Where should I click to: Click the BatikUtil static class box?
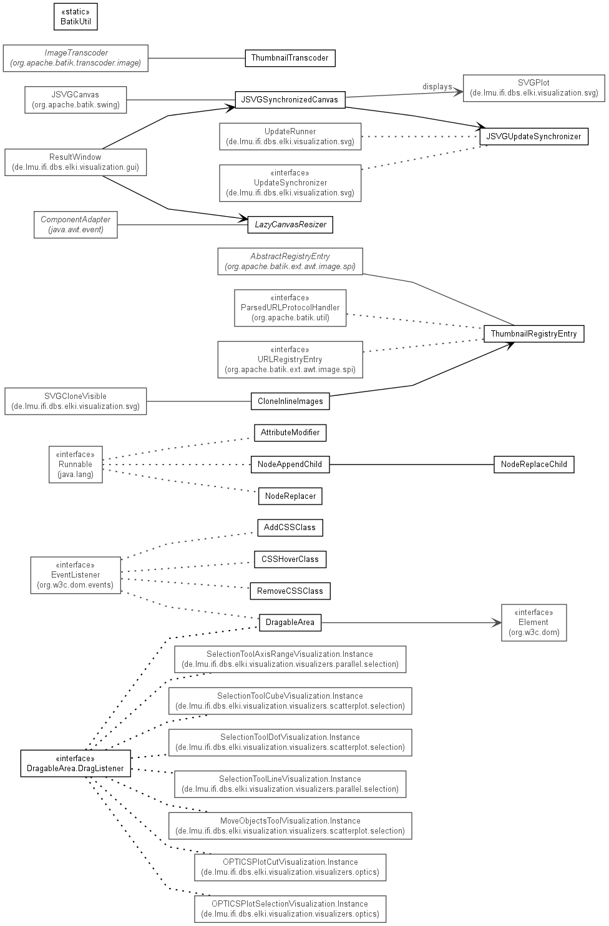pos(76,17)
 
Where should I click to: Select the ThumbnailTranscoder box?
pos(290,58)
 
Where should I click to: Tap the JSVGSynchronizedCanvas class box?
pos(290,100)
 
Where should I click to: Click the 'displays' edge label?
pos(437,86)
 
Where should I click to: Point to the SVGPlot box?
pos(533,88)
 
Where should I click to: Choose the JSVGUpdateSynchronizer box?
pos(533,136)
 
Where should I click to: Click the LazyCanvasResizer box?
pos(290,224)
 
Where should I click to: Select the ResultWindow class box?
pos(76,162)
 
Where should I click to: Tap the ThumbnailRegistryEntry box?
pos(533,333)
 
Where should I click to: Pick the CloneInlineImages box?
pos(290,401)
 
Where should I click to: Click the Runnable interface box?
pos(76,464)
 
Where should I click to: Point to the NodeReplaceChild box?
pos(533,464)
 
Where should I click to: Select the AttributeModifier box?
pos(290,433)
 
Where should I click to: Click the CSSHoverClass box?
pos(290,559)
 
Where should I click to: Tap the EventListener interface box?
pos(76,575)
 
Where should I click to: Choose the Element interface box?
pos(533,623)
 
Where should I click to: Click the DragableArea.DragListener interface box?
pos(76,764)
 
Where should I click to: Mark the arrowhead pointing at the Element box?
pos(497,623)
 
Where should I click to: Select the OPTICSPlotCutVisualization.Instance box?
pos(290,867)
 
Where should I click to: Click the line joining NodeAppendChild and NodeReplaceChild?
pos(411,464)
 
